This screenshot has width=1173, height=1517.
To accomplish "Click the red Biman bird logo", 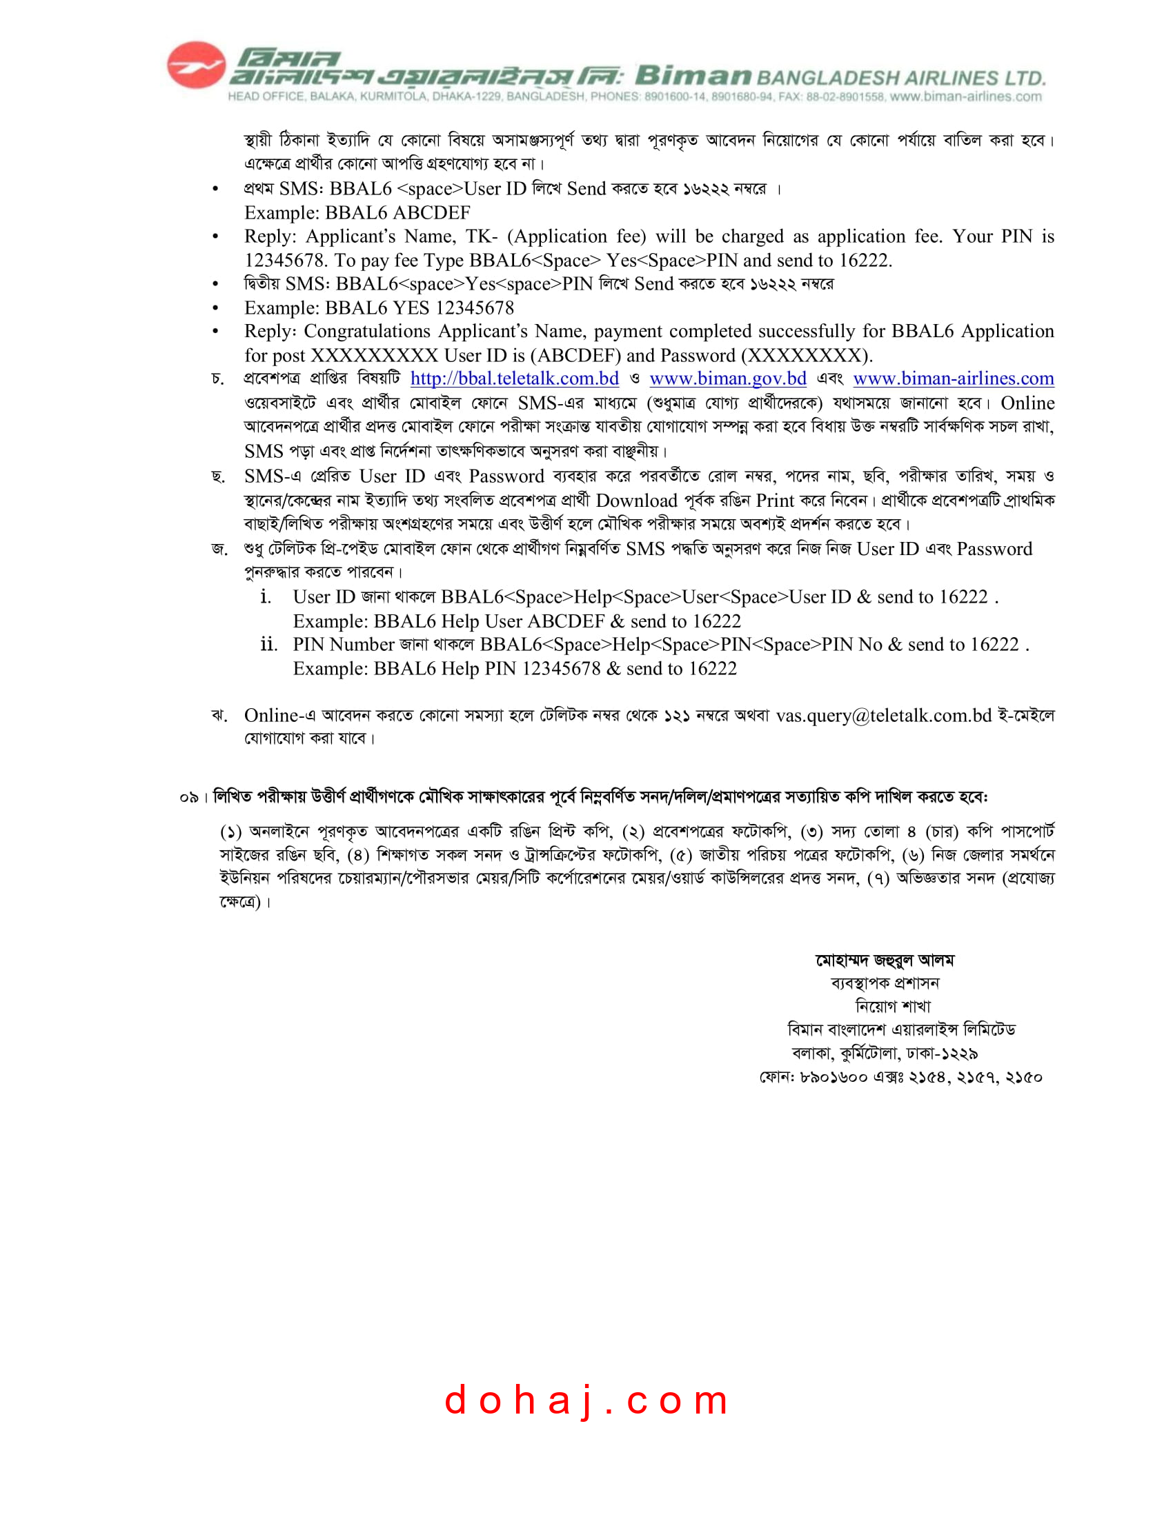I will (x=196, y=66).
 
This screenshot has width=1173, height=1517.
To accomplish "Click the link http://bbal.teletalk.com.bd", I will (x=514, y=379).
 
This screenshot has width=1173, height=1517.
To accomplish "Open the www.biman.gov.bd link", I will (x=727, y=379).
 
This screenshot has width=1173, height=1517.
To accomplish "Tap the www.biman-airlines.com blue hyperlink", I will (x=953, y=379).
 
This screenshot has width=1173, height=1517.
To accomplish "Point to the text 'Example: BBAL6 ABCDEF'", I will (x=357, y=212).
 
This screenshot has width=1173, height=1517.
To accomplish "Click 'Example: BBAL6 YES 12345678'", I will (x=379, y=308).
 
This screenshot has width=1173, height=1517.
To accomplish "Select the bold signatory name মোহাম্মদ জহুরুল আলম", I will (x=885, y=960).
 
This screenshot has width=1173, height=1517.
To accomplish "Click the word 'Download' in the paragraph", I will (x=636, y=500).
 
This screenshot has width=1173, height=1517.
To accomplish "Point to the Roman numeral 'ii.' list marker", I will (x=268, y=645).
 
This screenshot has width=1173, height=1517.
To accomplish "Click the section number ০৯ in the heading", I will (x=188, y=797).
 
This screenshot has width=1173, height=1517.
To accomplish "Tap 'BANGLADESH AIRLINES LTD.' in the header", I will (x=900, y=79).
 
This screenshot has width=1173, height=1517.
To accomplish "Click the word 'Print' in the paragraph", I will (x=775, y=500).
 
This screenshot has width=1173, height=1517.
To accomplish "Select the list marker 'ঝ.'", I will (x=219, y=716).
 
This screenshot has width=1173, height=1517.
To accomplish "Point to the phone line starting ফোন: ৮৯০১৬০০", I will (x=900, y=1077).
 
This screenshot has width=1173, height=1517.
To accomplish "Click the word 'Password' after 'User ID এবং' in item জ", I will (x=994, y=549).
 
